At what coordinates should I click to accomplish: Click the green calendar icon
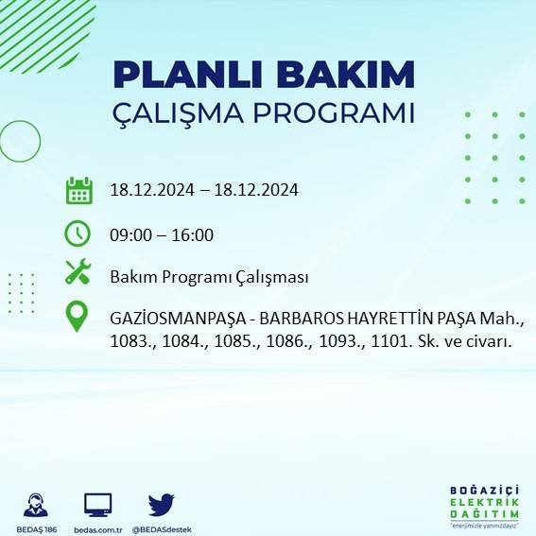[78, 190]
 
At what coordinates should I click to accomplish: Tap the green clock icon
[78, 233]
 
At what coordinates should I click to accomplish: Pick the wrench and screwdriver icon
[78, 274]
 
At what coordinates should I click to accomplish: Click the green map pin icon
[78, 318]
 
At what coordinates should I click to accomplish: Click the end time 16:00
[192, 235]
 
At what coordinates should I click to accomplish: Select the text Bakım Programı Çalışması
[209, 277]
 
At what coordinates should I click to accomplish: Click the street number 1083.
[131, 341]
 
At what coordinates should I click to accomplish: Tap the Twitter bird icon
[161, 504]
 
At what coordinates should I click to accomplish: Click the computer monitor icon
[97, 504]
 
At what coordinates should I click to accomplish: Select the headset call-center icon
[37, 504]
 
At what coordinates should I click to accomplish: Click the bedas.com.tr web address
[97, 528]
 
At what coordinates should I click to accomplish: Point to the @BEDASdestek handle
[161, 528]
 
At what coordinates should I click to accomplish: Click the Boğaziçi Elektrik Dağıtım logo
[485, 508]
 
